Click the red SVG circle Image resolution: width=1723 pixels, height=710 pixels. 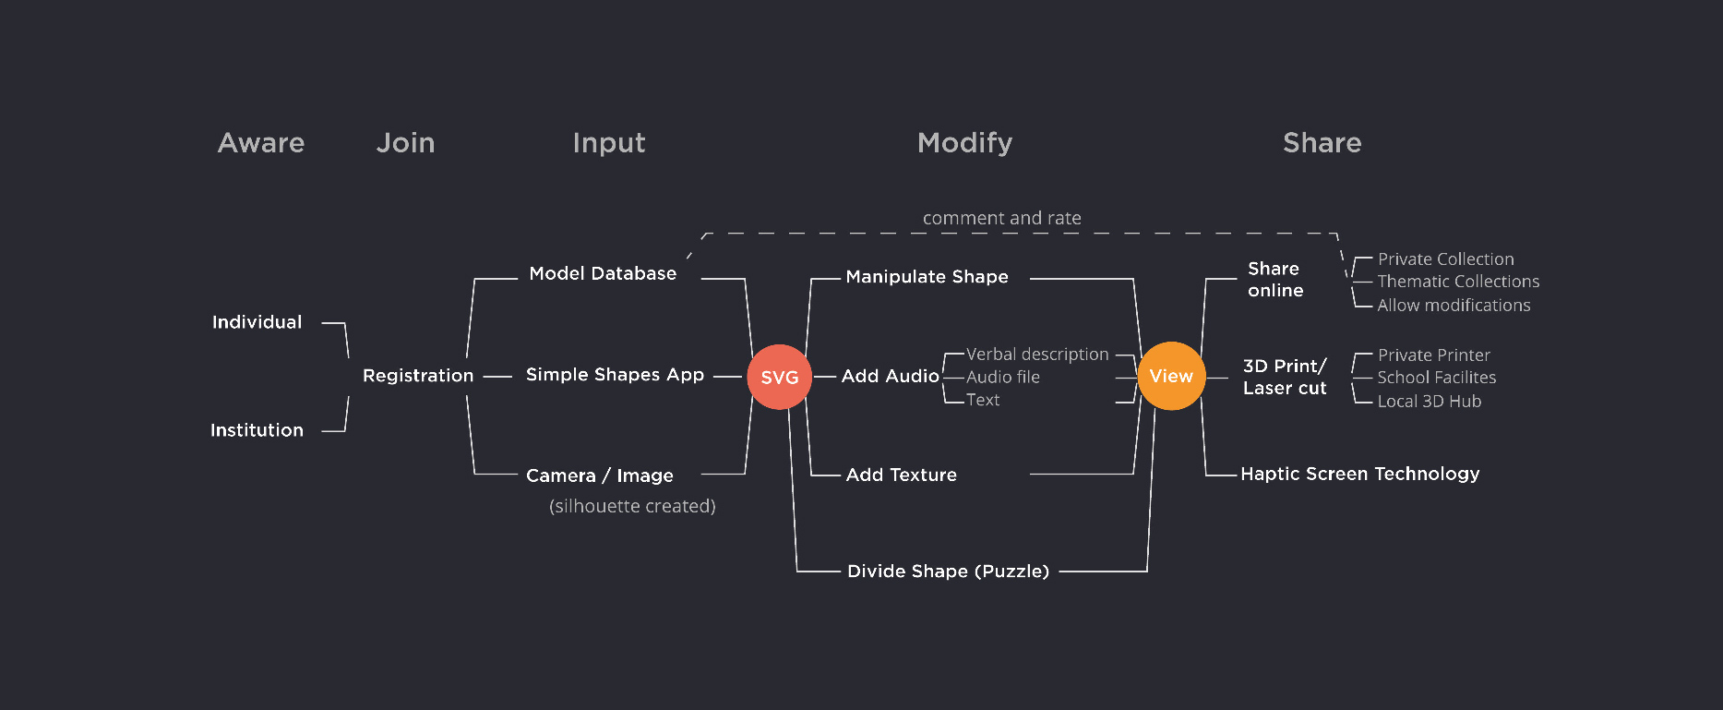click(779, 377)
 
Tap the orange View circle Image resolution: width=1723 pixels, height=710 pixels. click(1171, 376)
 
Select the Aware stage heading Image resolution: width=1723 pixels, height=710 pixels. click(261, 143)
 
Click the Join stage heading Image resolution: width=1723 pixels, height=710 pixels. click(405, 143)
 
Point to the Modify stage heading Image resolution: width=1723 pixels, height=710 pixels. click(964, 143)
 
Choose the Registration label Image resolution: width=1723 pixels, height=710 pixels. click(418, 376)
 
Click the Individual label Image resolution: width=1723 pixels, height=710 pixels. click(257, 322)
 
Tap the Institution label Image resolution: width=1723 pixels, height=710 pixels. click(257, 430)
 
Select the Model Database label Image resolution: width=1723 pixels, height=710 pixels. click(603, 273)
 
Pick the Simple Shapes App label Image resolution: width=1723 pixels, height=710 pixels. click(615, 375)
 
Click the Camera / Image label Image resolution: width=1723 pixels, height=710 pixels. click(600, 475)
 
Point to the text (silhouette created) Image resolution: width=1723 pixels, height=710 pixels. click(632, 506)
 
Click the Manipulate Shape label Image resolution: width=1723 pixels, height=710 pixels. click(927, 277)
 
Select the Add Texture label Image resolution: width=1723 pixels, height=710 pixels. click(901, 475)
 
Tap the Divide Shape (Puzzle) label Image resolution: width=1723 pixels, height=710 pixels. click(948, 572)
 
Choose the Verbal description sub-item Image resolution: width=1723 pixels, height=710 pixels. click(1037, 355)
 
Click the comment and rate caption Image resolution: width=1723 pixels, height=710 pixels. click(1001, 219)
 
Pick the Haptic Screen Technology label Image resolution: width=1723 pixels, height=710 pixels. click(1359, 474)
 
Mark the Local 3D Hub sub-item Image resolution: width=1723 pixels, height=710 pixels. click(1429, 402)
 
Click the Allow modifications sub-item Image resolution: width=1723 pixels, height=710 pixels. click(1454, 306)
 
